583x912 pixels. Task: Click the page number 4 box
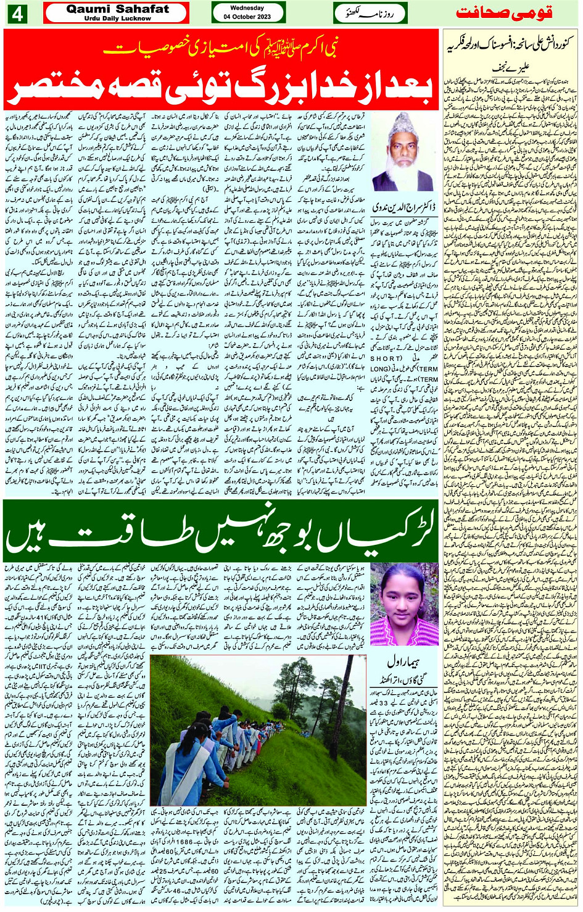[x=17, y=14]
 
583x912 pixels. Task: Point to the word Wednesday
[x=247, y=8]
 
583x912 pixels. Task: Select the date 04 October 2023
[x=247, y=17]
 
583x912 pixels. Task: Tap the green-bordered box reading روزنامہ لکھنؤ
[x=364, y=13]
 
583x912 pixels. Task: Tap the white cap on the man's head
[x=404, y=120]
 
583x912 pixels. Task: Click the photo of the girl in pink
[x=404, y=602]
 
